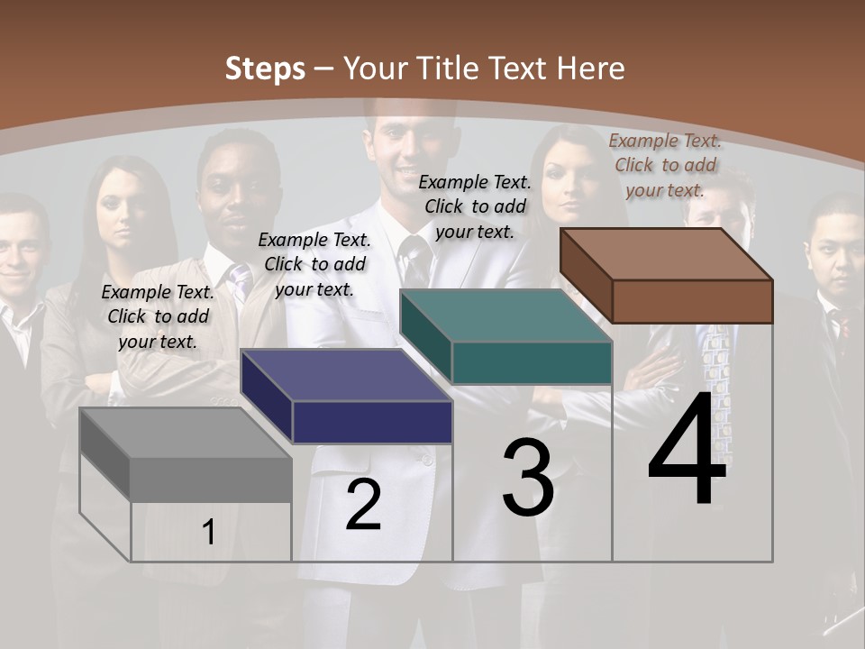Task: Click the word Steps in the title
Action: coord(264,69)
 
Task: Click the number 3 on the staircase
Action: coord(528,478)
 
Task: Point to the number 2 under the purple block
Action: coord(363,505)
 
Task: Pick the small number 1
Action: coord(209,532)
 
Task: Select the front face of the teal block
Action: coord(532,362)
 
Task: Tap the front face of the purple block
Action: coord(372,422)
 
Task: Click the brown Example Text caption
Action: coord(665,165)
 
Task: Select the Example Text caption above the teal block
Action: coord(475,206)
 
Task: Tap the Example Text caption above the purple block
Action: coord(314,264)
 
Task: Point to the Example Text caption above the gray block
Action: coord(158,316)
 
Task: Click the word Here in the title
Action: coord(591,69)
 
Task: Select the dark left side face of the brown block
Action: coord(586,275)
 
